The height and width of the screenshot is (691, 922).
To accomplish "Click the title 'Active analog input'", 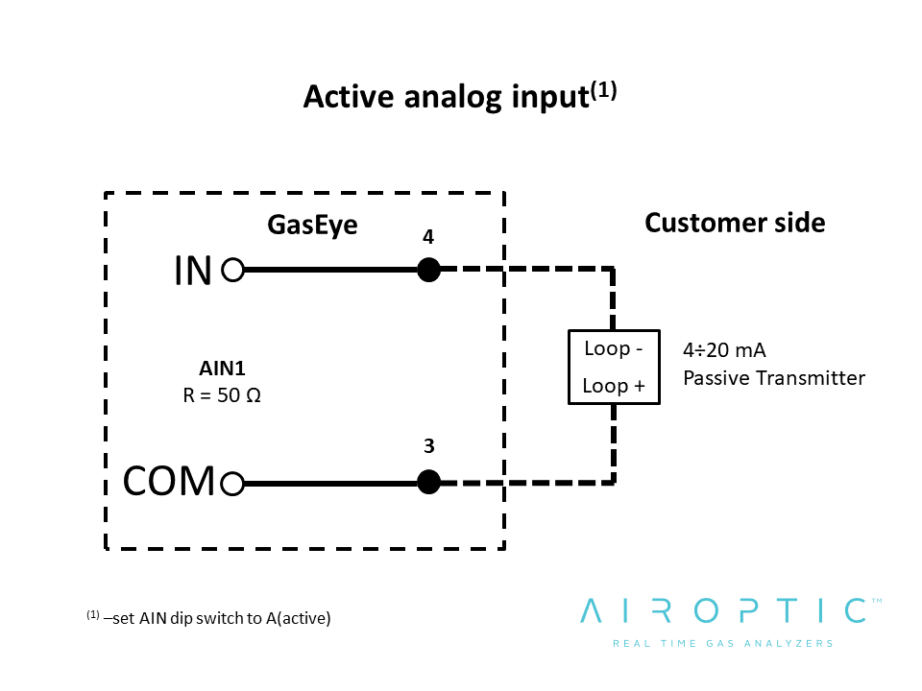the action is [447, 97].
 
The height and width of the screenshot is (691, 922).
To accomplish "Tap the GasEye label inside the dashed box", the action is [312, 225].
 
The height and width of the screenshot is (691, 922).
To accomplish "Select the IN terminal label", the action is [193, 271].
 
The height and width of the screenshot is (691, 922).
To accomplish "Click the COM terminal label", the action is [169, 481].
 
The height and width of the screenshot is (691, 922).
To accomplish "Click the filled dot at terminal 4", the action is [428, 270].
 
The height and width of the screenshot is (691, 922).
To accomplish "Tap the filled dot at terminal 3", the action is [428, 483].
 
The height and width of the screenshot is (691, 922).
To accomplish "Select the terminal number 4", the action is [428, 237].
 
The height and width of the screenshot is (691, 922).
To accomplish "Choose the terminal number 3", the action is [429, 446].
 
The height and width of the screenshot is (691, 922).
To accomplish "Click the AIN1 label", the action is [222, 369].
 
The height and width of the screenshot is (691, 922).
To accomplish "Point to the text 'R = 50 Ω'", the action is [222, 395].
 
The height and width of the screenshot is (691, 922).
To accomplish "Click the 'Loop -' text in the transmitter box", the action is [614, 348].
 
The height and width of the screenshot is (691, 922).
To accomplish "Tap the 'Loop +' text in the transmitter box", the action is [614, 386].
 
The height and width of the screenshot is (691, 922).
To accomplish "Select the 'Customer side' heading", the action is [735, 223].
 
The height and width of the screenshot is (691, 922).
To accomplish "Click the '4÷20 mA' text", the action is [724, 350].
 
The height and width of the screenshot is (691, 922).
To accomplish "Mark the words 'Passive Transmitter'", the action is [774, 378].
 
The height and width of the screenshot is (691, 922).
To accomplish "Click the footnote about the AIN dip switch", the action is [208, 617].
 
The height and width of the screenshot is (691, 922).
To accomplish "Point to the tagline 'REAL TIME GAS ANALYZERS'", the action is [723, 643].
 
